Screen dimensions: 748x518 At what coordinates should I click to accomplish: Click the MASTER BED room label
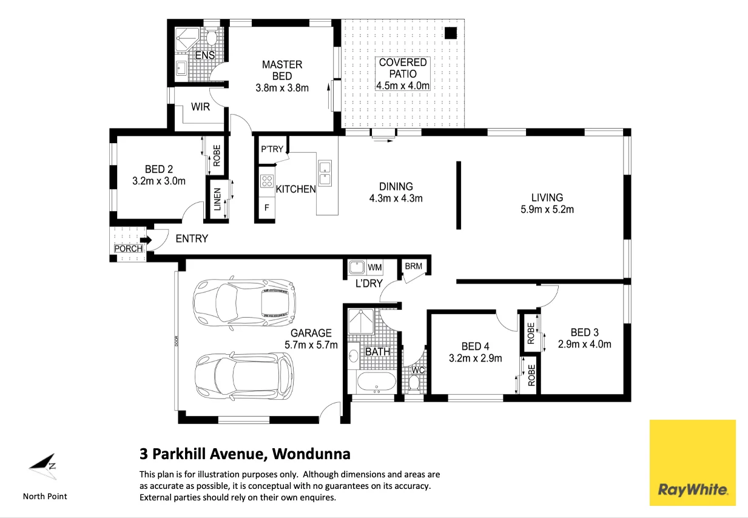(x=282, y=70)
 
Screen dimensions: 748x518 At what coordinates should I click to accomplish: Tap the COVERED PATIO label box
(x=403, y=74)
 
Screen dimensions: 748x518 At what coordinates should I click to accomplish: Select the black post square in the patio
(x=451, y=33)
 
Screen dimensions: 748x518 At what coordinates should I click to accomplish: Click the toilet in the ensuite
(x=211, y=38)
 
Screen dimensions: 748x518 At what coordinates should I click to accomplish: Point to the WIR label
(x=200, y=107)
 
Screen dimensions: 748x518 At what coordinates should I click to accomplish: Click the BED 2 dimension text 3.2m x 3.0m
(x=159, y=181)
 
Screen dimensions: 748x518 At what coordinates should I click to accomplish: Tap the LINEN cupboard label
(x=217, y=200)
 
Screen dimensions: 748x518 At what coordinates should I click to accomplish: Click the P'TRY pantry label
(x=272, y=149)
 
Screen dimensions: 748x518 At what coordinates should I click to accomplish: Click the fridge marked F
(x=267, y=207)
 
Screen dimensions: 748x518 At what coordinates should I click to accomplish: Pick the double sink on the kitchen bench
(x=325, y=173)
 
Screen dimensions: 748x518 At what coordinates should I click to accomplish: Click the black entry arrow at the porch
(x=146, y=240)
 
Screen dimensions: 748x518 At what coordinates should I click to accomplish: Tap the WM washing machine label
(x=375, y=267)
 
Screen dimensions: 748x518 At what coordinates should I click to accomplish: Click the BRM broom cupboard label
(x=413, y=266)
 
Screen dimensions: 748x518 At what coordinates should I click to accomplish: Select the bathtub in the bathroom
(x=376, y=382)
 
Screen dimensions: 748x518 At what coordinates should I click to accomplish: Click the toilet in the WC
(x=414, y=383)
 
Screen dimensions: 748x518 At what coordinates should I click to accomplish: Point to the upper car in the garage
(x=244, y=303)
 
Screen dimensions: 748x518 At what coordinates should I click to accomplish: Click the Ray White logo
(x=693, y=463)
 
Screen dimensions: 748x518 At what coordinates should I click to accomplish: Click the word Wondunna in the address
(x=311, y=454)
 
